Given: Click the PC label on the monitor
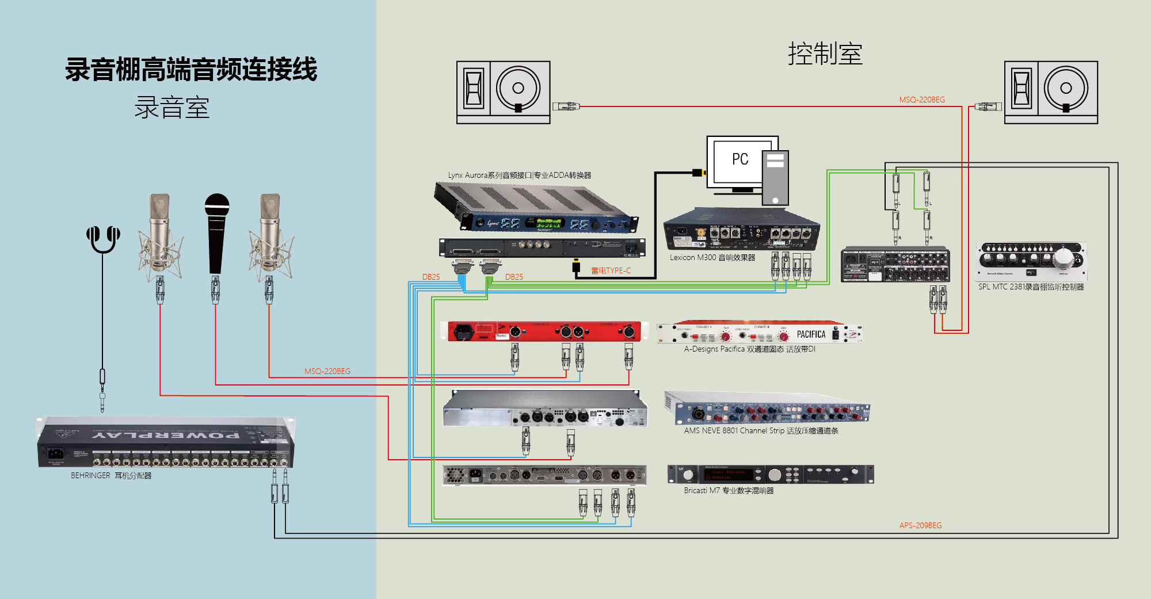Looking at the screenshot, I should click(x=740, y=159).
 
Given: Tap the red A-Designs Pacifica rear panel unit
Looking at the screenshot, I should click(x=544, y=331).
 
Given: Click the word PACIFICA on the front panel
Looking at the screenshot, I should click(x=811, y=334).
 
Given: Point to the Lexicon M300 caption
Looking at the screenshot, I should click(x=712, y=258).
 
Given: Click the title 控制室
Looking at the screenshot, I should click(x=825, y=54).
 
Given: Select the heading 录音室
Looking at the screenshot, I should click(x=171, y=108).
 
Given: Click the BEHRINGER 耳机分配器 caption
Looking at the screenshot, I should click(x=111, y=476).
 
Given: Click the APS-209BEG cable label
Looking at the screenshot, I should click(x=920, y=525).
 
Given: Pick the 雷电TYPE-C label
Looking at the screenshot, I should click(x=611, y=270).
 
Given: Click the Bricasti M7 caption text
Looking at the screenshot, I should click(x=729, y=491).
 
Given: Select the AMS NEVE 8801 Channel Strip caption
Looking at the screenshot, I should click(x=761, y=431).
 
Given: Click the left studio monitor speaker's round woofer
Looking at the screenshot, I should click(x=518, y=88).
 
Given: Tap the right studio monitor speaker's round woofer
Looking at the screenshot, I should click(x=1066, y=88).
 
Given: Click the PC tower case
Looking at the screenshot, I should click(x=775, y=177).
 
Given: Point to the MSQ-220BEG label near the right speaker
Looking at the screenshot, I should click(x=922, y=100).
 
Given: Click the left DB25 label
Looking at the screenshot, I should click(x=431, y=277).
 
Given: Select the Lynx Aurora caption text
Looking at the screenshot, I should click(x=519, y=175).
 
